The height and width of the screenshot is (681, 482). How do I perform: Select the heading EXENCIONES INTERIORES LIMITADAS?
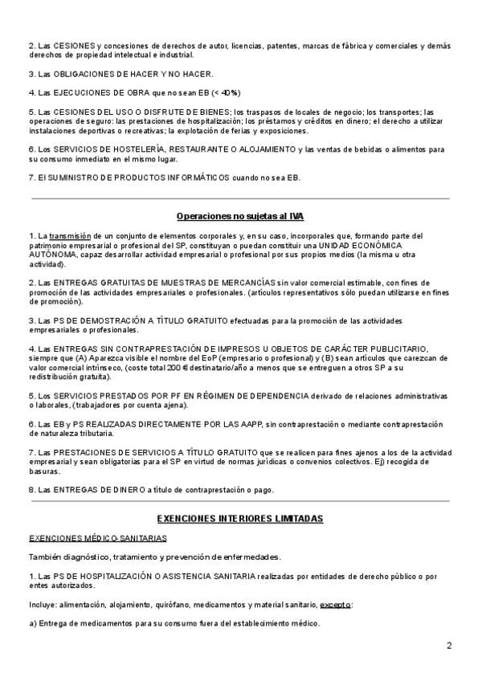pos(240,519)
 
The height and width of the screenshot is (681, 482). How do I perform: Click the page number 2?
pos(450,646)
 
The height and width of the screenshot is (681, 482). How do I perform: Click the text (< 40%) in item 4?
pos(225,92)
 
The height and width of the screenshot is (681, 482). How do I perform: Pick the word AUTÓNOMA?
pos(54,255)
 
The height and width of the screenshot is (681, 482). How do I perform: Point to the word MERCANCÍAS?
pos(240,283)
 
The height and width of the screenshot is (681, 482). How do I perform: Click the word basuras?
pos(46,473)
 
